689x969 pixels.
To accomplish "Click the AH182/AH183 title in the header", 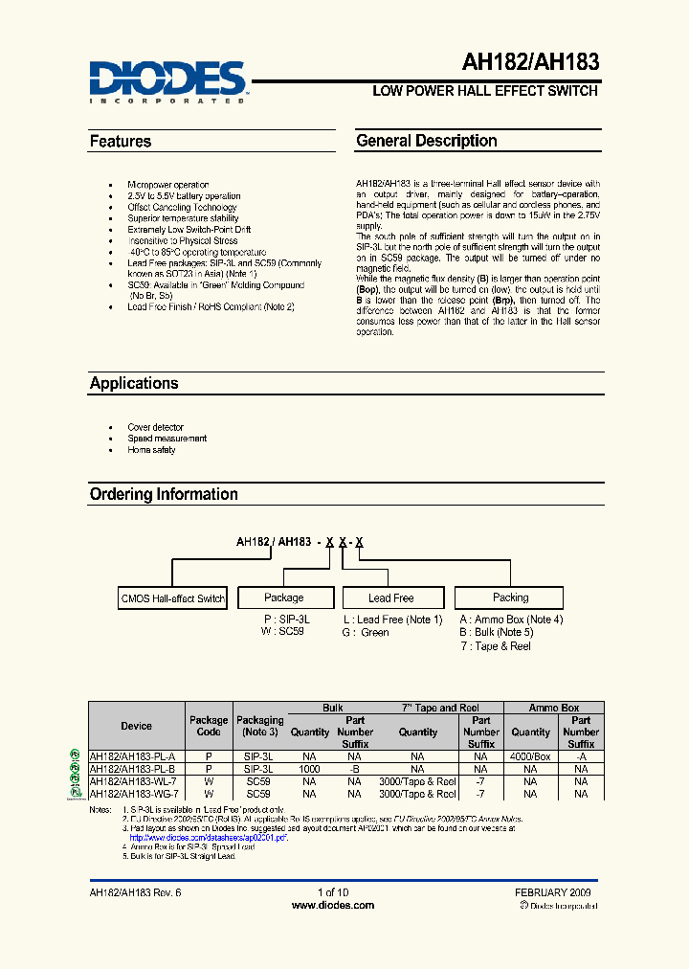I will click(531, 63).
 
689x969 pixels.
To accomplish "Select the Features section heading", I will click(121, 142).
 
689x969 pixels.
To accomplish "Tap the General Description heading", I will click(426, 141).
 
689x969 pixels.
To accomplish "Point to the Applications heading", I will click(134, 383).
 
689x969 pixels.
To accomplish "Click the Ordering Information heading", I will click(164, 494).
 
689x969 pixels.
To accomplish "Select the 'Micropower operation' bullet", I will click(167, 185).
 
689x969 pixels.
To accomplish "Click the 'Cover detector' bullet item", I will click(155, 427).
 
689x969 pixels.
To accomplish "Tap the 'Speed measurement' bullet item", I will click(167, 439).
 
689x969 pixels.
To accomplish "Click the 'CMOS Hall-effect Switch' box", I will click(173, 598).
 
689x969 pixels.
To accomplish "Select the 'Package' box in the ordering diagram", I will click(284, 597).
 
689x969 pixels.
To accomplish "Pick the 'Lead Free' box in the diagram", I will click(390, 598).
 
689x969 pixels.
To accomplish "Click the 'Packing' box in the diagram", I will click(510, 597).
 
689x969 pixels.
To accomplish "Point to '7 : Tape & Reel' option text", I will click(495, 646).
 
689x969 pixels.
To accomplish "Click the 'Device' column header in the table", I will click(136, 726).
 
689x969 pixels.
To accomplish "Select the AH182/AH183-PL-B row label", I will click(133, 769).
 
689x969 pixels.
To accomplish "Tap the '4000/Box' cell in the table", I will click(530, 755).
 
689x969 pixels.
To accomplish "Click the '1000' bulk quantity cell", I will click(309, 769).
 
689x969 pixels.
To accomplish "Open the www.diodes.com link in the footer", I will click(332, 905).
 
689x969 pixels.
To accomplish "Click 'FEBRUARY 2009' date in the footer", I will click(553, 892).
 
